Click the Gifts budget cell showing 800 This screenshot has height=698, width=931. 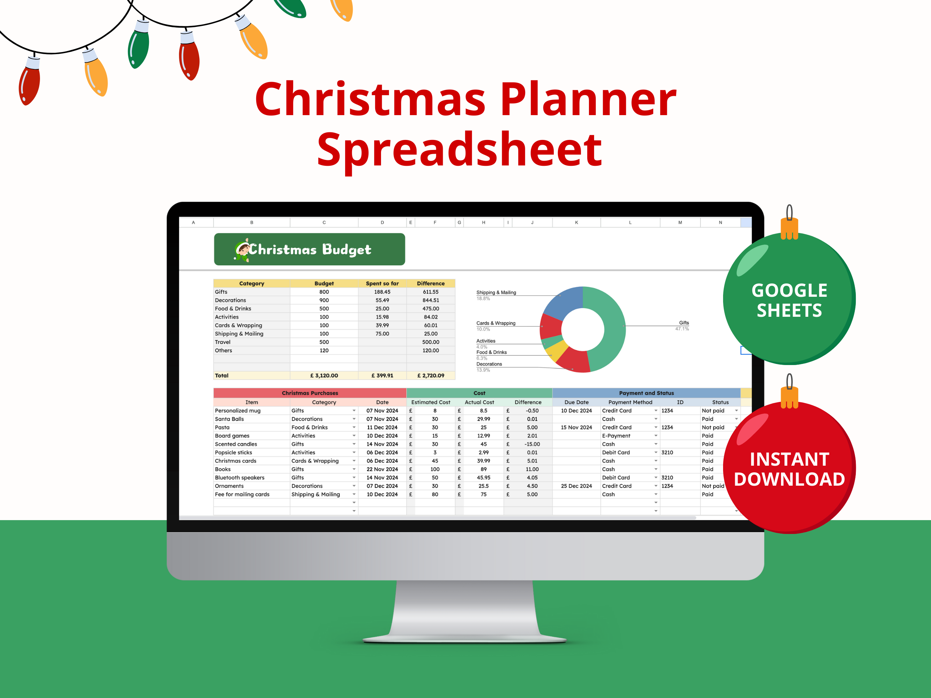pos(324,292)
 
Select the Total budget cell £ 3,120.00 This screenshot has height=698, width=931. pos(324,376)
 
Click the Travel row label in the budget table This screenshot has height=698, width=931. pos(223,342)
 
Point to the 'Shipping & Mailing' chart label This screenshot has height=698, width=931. pos(496,292)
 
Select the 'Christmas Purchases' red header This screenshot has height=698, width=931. pos(310,393)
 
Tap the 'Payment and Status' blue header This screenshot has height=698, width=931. pos(646,393)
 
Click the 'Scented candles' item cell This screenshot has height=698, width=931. pos(236,444)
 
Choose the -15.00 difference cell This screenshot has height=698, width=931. pos(532,444)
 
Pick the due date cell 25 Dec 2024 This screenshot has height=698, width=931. pos(576,486)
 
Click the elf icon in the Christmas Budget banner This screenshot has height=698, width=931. pos(242,250)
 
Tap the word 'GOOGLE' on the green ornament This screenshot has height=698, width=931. pos(789,290)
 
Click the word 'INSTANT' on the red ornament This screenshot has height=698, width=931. pos(789,459)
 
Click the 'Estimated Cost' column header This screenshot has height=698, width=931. pos(431,402)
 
